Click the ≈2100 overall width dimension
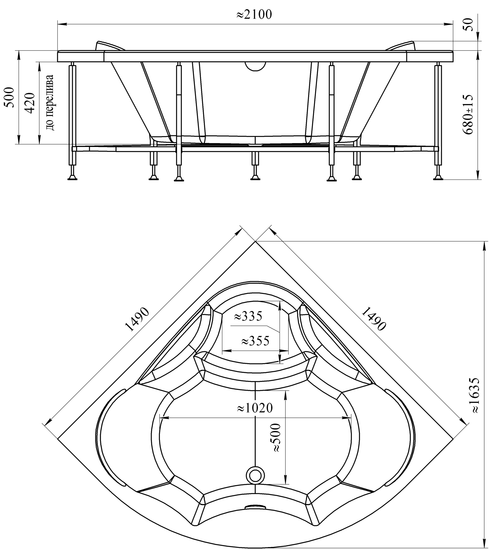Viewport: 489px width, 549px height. [x=254, y=15]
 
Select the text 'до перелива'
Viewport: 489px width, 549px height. [x=50, y=102]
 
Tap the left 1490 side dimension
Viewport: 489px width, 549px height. [x=137, y=319]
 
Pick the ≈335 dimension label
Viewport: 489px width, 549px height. [x=248, y=316]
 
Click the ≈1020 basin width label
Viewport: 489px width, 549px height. [x=255, y=408]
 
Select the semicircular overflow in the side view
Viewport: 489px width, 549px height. [x=255, y=66]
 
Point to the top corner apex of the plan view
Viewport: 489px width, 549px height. [x=255, y=242]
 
